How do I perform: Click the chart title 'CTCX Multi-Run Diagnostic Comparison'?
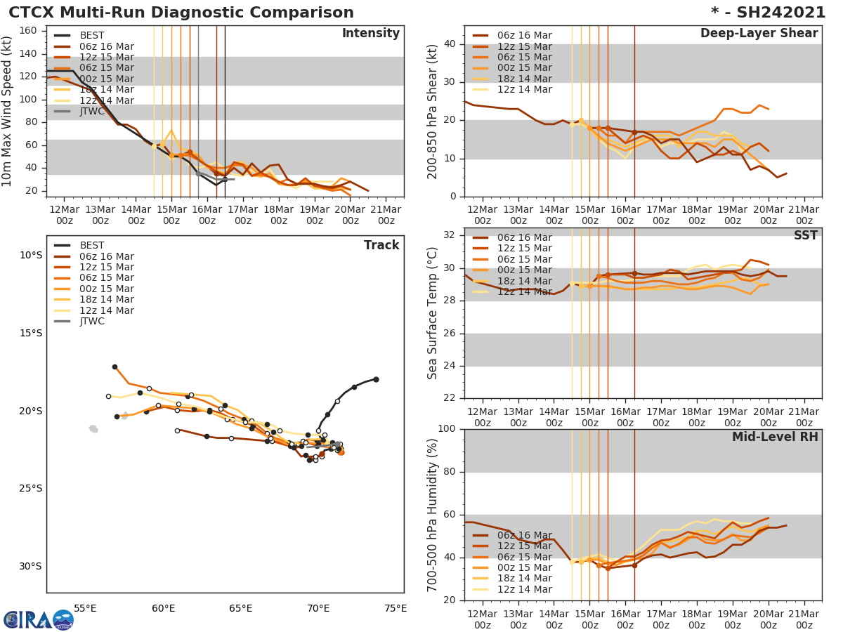coord(181,13)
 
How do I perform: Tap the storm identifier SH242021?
coord(776,13)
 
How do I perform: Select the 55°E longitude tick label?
coord(85,608)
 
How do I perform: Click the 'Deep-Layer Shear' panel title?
coord(759,34)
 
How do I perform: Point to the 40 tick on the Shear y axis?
coord(450,44)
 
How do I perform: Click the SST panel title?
coord(805,235)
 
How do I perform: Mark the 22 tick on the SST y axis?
coord(450,398)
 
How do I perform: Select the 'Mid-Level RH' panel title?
coord(775,437)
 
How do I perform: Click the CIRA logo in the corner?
coord(39,619)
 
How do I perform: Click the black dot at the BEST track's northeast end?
coord(376,379)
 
